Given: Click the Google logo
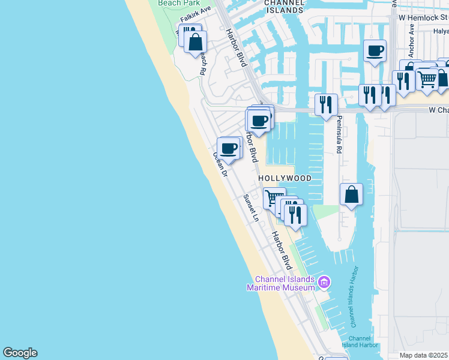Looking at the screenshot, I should pyautogui.click(x=20, y=353).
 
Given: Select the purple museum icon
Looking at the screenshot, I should pyautogui.click(x=324, y=281).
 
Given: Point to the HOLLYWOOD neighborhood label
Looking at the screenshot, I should pyautogui.click(x=285, y=179).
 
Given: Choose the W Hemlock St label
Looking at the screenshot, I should pyautogui.click(x=423, y=18).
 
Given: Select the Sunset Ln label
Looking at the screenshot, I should pyautogui.click(x=250, y=208).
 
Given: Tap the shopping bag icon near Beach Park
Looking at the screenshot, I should pyautogui.click(x=195, y=43).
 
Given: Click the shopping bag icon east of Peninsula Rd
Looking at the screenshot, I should pyautogui.click(x=352, y=194).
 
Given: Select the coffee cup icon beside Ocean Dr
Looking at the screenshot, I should pyautogui.click(x=229, y=148).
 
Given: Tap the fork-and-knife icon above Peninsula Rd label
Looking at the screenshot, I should pyautogui.click(x=326, y=104).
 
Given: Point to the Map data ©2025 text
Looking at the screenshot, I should pyautogui.click(x=423, y=355).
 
